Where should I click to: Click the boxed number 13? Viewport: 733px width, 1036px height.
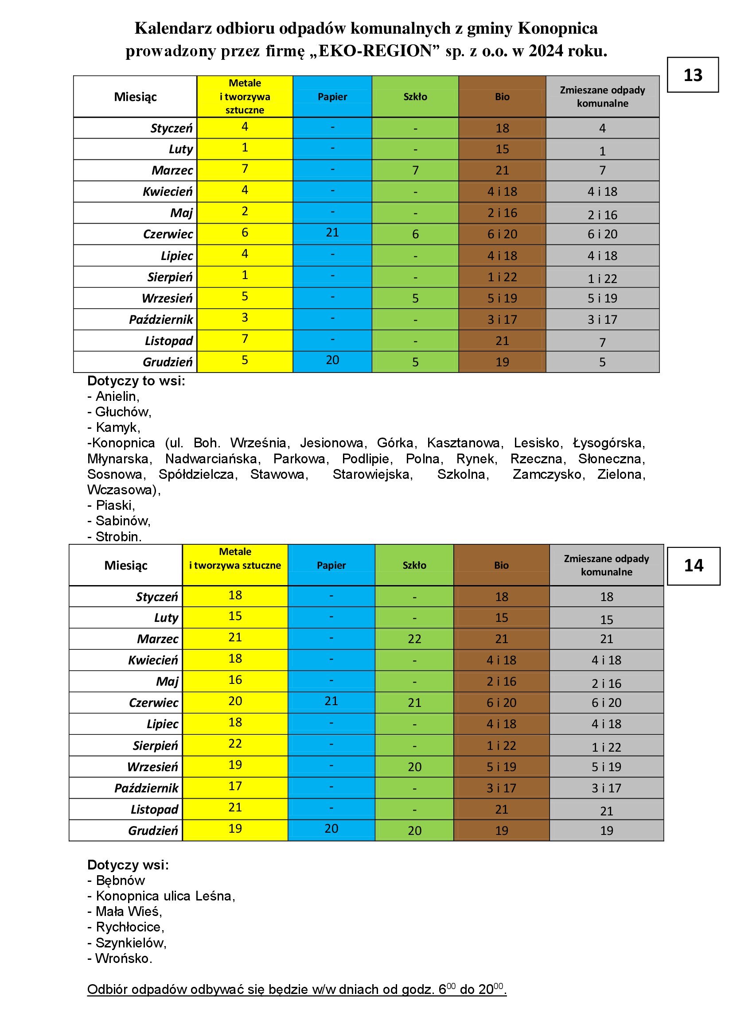coord(692,75)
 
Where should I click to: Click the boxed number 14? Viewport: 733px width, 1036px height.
coord(693,565)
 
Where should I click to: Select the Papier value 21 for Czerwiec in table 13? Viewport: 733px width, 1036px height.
coord(332,233)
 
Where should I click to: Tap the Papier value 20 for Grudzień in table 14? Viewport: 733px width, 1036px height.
coord(331,828)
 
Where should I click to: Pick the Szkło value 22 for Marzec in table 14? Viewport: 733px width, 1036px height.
coord(414,639)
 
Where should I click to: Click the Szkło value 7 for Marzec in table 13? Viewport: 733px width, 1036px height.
coord(415,171)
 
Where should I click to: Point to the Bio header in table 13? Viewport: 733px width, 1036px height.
coord(502,97)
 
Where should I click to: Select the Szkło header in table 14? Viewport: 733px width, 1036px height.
coord(414,565)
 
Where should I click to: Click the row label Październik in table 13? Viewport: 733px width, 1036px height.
coord(161,319)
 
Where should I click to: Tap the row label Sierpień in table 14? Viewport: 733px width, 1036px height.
coord(155,745)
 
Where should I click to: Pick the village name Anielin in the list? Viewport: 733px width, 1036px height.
coord(117,396)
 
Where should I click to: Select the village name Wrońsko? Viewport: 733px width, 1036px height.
coord(124,958)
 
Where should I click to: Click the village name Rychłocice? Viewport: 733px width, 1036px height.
coord(130,927)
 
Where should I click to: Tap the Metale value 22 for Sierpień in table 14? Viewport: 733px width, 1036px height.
coord(235,743)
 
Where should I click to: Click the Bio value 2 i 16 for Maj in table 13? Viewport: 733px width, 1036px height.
coord(502,213)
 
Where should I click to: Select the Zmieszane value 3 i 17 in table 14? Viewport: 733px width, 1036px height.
coord(606,788)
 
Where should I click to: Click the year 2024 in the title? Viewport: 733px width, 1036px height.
coord(546,51)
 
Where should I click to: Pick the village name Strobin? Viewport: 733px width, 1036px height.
coord(118,536)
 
